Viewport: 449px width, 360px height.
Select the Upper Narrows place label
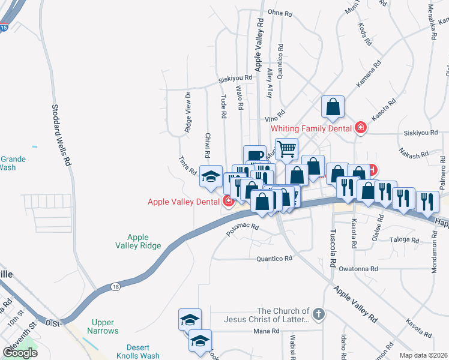click(105, 326)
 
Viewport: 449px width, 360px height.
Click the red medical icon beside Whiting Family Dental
click(360, 127)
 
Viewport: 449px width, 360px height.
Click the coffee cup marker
click(255, 155)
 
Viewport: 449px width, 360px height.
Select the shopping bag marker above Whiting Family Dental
click(333, 107)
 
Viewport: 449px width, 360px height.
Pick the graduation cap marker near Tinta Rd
click(211, 176)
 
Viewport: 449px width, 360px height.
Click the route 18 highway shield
click(115, 287)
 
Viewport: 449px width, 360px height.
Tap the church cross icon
click(319, 313)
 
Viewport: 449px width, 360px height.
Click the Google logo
click(20, 353)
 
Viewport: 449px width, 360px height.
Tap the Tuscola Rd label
click(332, 245)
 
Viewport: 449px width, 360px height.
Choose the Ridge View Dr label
click(188, 112)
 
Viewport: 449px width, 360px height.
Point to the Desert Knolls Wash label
click(134, 352)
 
